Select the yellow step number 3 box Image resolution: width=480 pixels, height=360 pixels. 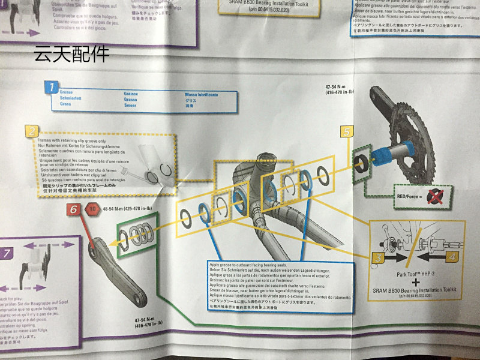tap(379, 258)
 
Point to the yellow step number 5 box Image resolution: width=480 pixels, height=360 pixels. tap(346, 131)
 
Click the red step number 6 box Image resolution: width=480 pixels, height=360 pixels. tap(73, 209)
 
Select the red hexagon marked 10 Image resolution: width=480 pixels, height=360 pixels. tap(92, 209)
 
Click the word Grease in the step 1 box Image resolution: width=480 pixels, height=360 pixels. tap(67, 93)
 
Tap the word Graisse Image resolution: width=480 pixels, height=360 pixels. tap(131, 94)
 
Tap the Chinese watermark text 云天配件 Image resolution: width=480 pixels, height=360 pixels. tap(71, 54)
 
